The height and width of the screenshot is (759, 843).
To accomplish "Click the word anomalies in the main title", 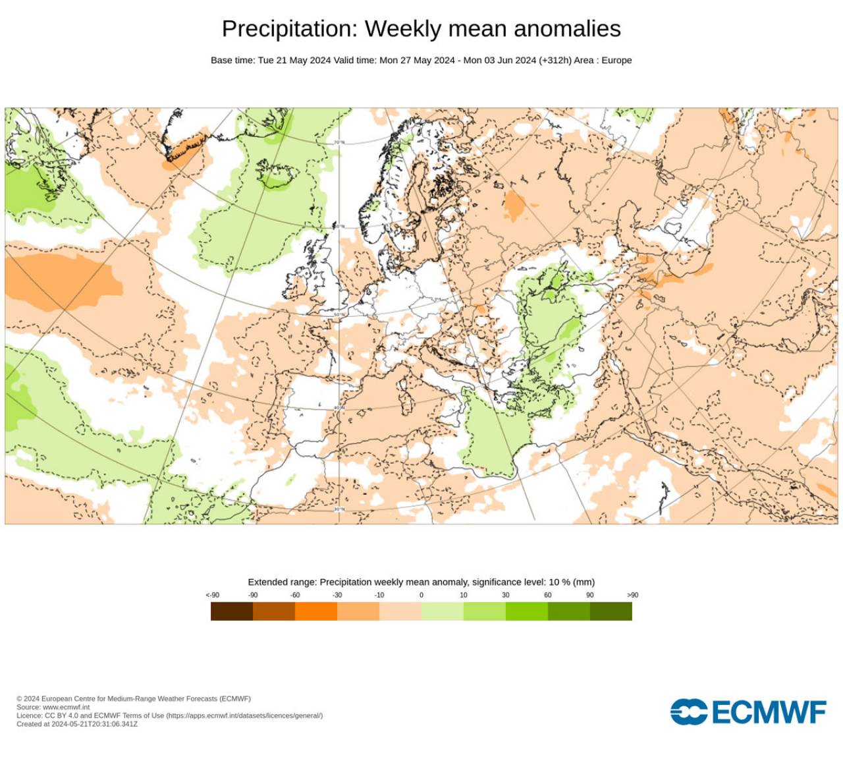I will pos(567,29).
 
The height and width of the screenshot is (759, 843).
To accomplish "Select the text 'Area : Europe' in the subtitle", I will pos(603,60).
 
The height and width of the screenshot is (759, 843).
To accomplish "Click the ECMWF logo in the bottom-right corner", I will pos(748,712).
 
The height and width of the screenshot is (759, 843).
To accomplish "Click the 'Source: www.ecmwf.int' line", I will pos(53,707).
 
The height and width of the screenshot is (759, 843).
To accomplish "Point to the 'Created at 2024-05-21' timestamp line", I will pos(77,723).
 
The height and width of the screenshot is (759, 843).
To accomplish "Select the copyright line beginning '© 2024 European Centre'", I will pos(134,698).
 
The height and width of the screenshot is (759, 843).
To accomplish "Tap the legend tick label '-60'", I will pos(295,595).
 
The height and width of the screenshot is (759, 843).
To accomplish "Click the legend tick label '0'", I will pos(421,595).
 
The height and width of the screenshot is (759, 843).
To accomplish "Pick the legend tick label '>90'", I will pos(632,595).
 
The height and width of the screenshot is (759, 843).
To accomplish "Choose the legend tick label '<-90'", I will pos(212,595).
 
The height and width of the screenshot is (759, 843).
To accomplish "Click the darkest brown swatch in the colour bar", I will pos(232,611).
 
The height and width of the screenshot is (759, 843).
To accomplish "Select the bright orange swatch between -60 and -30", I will pos(316,611).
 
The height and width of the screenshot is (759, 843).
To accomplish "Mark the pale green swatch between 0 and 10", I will pos(443,611).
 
